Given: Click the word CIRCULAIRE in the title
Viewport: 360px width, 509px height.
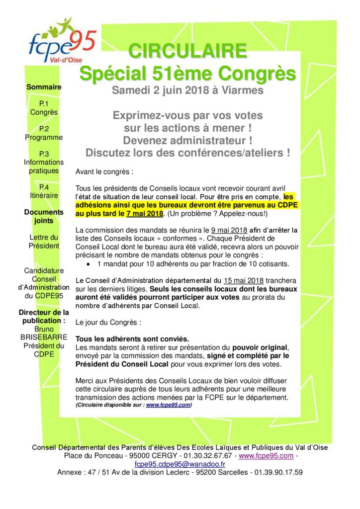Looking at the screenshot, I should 187,51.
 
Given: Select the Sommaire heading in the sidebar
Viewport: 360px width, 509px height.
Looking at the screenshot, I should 44,87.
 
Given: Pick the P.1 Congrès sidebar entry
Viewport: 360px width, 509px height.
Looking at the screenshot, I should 44,108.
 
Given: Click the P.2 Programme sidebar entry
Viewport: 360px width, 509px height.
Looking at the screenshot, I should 44,133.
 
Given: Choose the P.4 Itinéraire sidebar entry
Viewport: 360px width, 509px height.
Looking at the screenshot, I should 44,191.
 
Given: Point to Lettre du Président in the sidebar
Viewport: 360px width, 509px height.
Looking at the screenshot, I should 44,241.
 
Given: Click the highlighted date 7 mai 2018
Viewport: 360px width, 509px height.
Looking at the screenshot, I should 145,214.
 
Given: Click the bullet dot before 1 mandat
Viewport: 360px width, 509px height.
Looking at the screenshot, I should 89,263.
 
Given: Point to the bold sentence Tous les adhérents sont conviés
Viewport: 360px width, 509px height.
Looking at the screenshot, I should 132,339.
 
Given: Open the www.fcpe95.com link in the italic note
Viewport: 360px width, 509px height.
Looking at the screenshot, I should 168,405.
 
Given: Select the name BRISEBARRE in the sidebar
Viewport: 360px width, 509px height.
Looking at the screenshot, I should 44,338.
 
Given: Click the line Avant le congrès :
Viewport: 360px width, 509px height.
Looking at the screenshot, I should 104,171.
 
